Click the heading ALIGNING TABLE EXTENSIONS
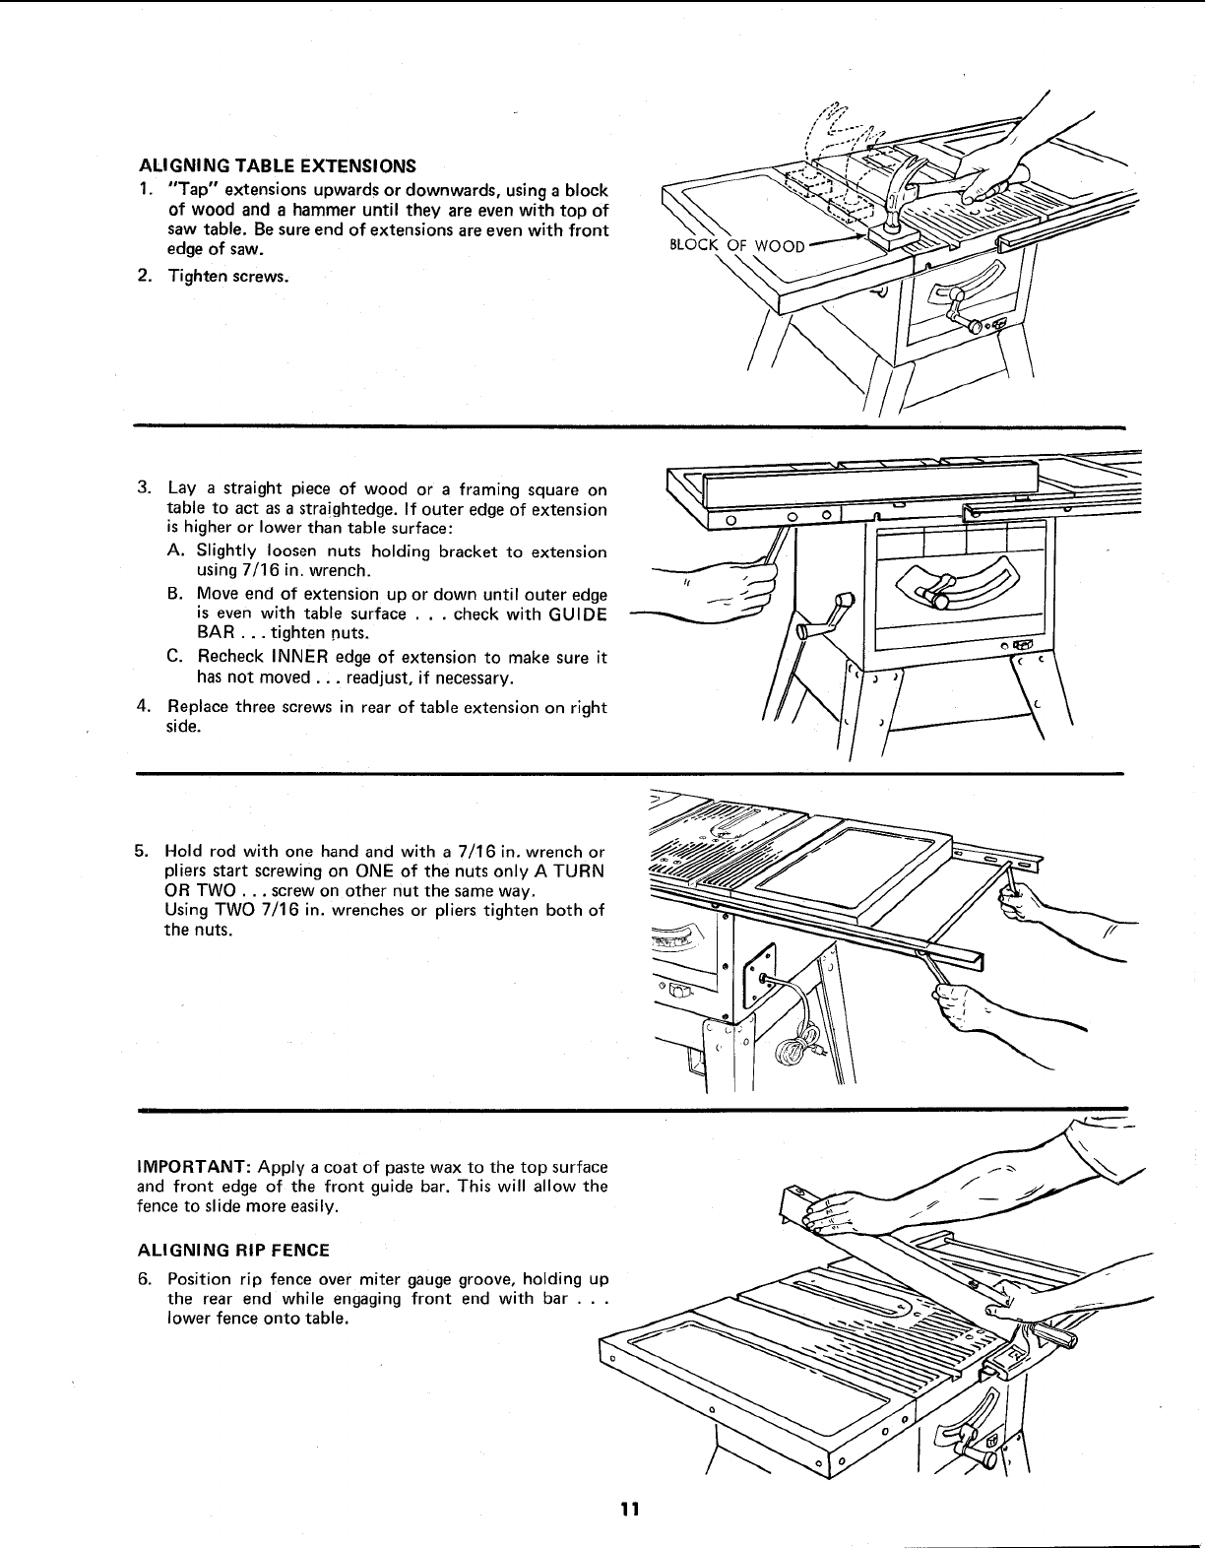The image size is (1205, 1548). (276, 164)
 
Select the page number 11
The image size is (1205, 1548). (630, 1510)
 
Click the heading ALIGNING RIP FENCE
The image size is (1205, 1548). (232, 1250)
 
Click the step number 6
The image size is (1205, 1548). (144, 1279)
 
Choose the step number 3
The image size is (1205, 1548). (144, 489)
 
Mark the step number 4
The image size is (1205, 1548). (144, 707)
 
